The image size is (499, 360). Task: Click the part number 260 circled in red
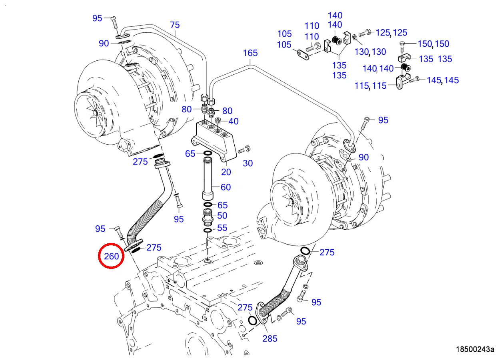point(112,256)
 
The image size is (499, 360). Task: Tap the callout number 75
point(175,25)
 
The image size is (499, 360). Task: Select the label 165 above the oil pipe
point(250,53)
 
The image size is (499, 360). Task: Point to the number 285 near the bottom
point(269,338)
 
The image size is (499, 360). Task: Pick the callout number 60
point(226,187)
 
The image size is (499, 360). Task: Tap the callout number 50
point(222,216)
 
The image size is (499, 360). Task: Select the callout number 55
point(222,229)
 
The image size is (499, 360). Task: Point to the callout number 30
point(248,163)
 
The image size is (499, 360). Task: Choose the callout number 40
point(234,121)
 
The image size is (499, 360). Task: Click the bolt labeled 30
point(244,151)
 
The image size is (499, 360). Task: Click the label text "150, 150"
point(433,44)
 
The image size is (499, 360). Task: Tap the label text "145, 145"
point(443,80)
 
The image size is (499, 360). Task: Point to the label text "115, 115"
point(371,86)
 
